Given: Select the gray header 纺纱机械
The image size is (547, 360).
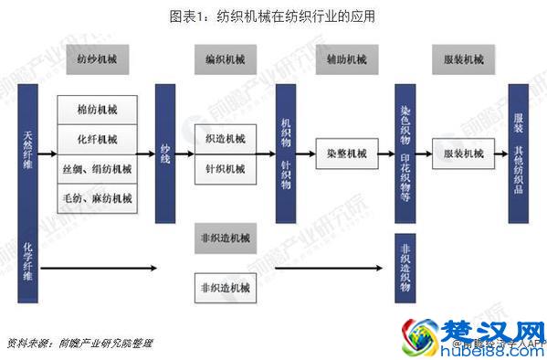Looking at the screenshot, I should (96, 60).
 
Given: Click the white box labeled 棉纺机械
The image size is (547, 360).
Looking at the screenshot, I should (97, 110).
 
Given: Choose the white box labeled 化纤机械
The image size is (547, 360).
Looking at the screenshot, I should (97, 139).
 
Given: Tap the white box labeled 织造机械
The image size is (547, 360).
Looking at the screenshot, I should (226, 139).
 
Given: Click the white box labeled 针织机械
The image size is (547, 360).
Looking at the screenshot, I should (226, 168).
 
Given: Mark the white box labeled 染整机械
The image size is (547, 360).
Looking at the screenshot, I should (346, 154).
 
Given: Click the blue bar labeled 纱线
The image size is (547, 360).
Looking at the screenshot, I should (165, 154).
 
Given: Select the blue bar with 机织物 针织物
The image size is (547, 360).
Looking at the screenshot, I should (286, 154).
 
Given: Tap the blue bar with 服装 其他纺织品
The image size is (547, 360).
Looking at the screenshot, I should (519, 154).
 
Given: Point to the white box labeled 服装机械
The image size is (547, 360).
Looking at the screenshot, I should (463, 154).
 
